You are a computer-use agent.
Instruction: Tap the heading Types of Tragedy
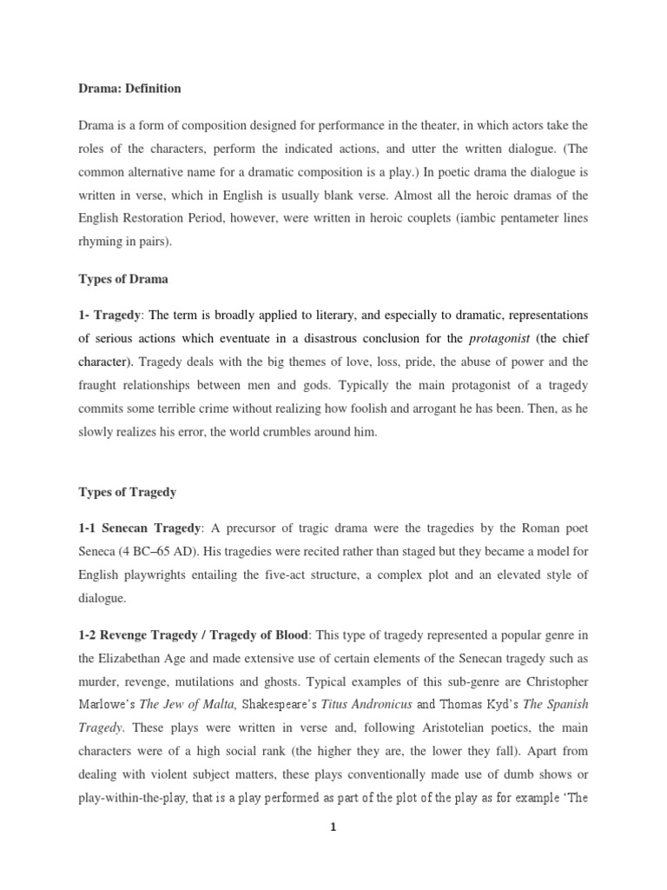click(126, 492)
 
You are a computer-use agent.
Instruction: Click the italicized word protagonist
click(499, 337)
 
